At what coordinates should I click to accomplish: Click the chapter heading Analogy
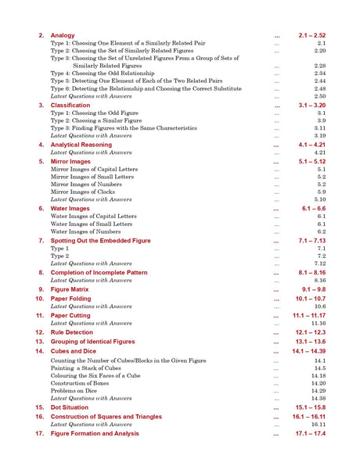point(63,36)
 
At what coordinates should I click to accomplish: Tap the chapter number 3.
point(41,105)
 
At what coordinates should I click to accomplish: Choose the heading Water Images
point(70,209)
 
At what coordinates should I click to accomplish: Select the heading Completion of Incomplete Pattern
point(99,273)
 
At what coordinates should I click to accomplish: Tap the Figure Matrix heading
point(70,289)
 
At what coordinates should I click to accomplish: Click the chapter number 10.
point(39,299)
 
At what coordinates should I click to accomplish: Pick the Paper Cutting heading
point(71,315)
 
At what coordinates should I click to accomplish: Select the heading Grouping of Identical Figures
point(92,342)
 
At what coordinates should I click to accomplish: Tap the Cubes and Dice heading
point(75,351)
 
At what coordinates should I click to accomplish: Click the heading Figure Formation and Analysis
point(95,433)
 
